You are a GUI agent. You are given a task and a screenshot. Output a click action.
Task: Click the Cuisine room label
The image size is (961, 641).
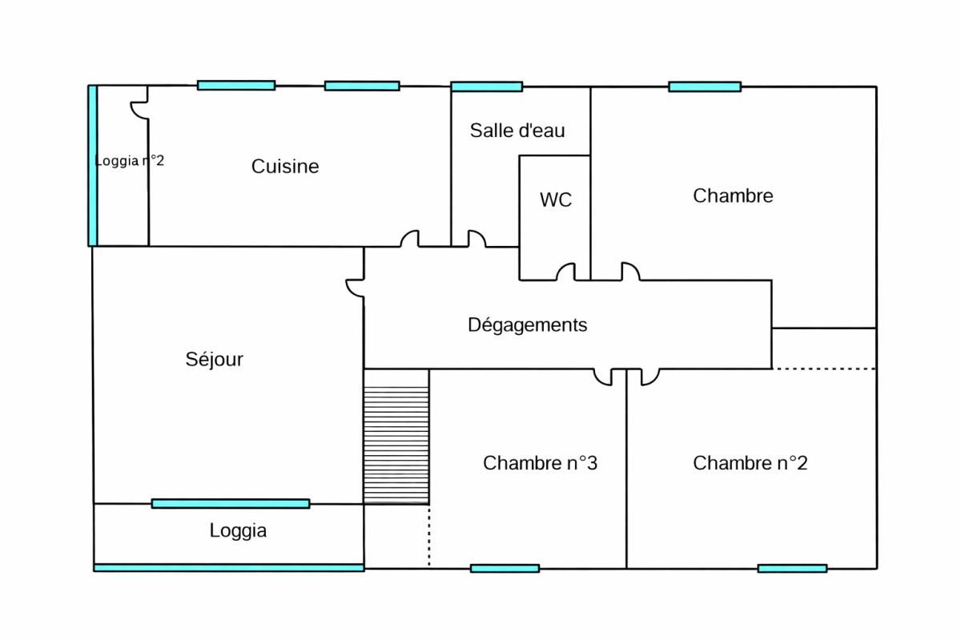tap(285, 167)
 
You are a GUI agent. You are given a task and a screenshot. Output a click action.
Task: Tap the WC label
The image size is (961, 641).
tap(556, 200)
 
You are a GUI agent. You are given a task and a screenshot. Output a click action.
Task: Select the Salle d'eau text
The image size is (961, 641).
tap(517, 131)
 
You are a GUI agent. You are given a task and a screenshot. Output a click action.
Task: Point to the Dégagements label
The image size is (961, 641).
tap(527, 325)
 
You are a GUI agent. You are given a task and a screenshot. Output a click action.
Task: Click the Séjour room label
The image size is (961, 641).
tap(214, 360)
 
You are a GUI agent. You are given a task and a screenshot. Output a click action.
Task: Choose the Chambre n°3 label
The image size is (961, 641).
tap(540, 463)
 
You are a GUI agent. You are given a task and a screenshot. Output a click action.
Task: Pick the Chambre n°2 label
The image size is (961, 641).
tap(750, 463)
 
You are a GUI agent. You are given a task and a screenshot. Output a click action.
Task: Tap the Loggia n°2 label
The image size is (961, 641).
tap(129, 160)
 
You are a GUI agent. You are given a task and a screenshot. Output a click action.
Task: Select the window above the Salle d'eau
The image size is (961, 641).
tap(486, 87)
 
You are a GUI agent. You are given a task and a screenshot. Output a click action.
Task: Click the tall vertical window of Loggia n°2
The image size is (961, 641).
tap(93, 165)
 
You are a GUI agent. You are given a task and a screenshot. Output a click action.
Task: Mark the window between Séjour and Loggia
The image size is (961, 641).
tap(231, 503)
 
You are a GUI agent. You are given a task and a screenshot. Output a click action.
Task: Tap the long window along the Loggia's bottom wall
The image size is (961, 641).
tap(229, 567)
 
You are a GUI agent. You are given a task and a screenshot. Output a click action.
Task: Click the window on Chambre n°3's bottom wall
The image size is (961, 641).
tap(505, 568)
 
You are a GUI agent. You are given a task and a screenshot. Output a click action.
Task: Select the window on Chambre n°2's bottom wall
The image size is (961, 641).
tap(792, 568)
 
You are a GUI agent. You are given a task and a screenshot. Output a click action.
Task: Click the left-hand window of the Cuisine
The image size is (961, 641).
tap(236, 85)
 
